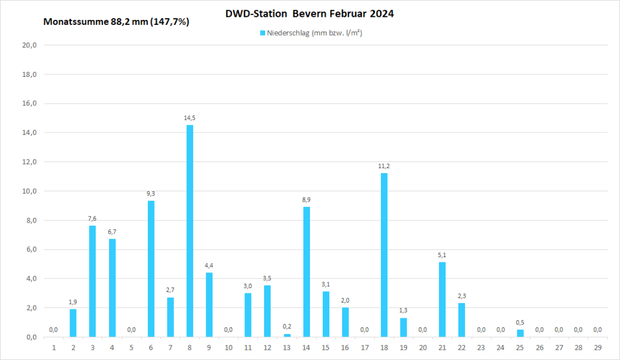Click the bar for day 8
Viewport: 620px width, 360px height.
point(190,231)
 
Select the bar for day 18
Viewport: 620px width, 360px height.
point(384,255)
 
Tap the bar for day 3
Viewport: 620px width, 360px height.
point(93,281)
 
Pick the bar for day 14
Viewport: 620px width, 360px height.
point(306,272)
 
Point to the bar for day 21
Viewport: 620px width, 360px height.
point(442,299)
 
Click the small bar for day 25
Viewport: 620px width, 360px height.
point(520,333)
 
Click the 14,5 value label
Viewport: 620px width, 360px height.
point(190,118)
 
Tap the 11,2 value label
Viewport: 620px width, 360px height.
point(384,166)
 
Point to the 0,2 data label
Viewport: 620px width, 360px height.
point(287,327)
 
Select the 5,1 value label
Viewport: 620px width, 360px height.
point(442,255)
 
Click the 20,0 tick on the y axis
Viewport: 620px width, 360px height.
point(30,45)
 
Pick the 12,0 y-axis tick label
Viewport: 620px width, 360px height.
point(30,162)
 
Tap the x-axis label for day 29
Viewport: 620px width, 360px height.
point(598,348)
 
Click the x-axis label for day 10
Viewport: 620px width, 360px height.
point(228,348)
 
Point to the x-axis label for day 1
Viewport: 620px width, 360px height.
point(54,348)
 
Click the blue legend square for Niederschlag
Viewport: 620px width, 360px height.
point(263,33)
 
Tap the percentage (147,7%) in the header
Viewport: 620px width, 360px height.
point(171,22)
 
